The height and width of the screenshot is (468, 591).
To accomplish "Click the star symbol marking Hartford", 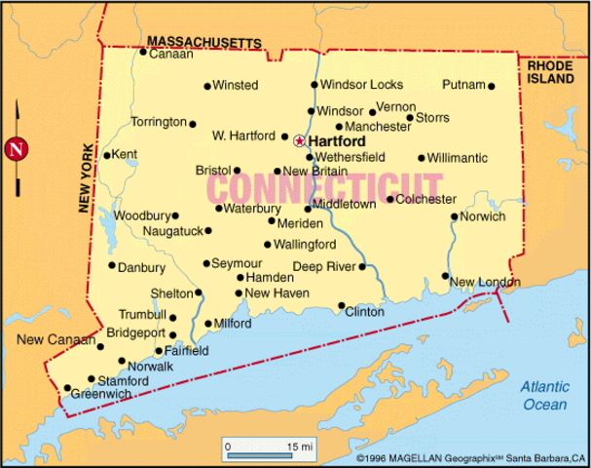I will point(299,140).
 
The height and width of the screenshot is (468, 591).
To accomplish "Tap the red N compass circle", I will point(16,149).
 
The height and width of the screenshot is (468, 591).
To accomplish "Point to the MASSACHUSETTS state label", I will point(204,42).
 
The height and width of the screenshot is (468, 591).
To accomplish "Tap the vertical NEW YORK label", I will point(86,176).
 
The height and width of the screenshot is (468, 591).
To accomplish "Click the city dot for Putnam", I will point(492,86).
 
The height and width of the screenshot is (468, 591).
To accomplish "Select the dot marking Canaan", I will point(142,52).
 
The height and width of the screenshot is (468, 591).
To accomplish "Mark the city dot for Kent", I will point(107,155).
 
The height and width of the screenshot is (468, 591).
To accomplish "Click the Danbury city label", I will point(141,266).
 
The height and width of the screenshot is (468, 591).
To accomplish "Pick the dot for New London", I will point(446,276).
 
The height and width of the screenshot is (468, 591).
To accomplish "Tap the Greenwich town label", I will point(103,393).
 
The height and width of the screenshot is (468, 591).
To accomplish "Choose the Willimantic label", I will point(458,157).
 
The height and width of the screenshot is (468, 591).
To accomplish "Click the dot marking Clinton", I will point(342,305).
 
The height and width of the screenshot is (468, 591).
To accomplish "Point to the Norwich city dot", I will point(455,216).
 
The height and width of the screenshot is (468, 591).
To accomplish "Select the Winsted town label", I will point(235,85).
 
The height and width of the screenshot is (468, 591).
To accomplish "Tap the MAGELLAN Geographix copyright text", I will point(471,457).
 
